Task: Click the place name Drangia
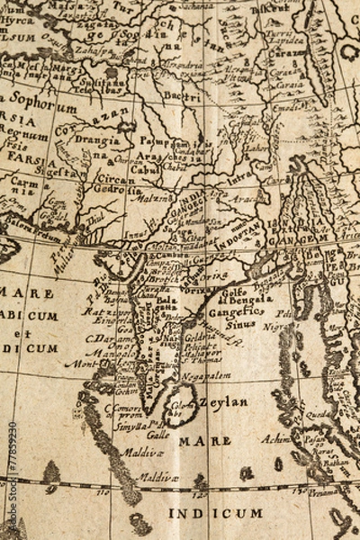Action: point(98,140)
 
